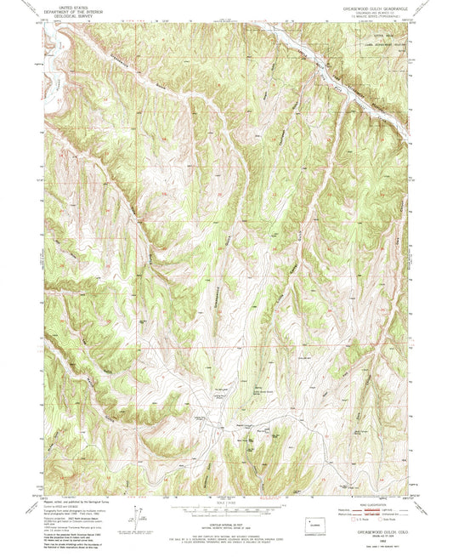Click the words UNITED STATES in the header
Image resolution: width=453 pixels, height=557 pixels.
point(73,4)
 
